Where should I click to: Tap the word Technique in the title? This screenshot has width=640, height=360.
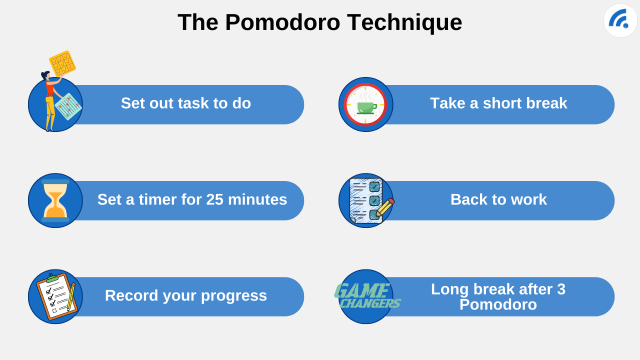pyautogui.click(x=404, y=23)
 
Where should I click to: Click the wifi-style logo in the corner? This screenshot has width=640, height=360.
pyautogui.click(x=620, y=20)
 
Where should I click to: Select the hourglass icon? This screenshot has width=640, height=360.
pyautogui.click(x=55, y=200)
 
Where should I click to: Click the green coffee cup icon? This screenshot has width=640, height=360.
pyautogui.click(x=366, y=107)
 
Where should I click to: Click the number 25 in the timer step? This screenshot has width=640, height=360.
pyautogui.click(x=214, y=199)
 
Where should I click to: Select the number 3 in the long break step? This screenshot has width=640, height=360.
pyautogui.click(x=561, y=289)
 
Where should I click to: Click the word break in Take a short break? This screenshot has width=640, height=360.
pyautogui.click(x=546, y=103)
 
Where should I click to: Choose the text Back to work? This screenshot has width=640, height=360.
pyautogui.click(x=498, y=199)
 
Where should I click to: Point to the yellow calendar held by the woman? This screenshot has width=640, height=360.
pyautogui.click(x=62, y=62)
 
